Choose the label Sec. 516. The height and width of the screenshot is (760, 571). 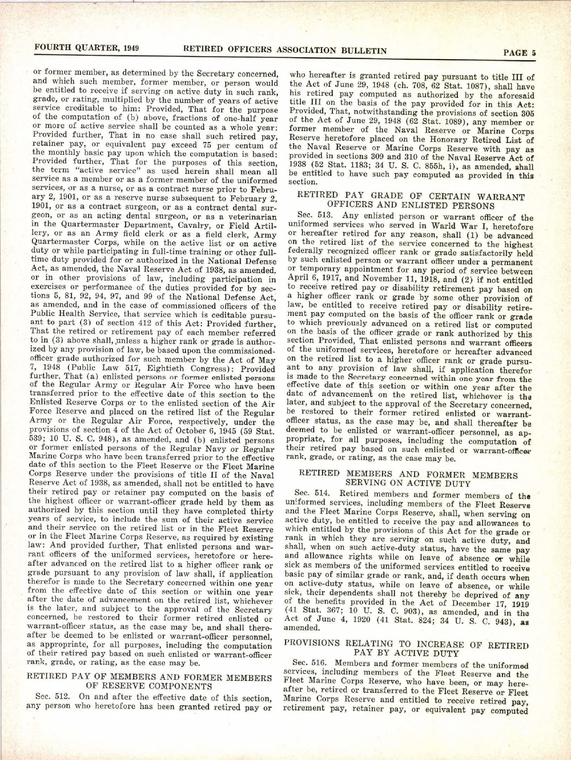[x=309, y=665]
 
